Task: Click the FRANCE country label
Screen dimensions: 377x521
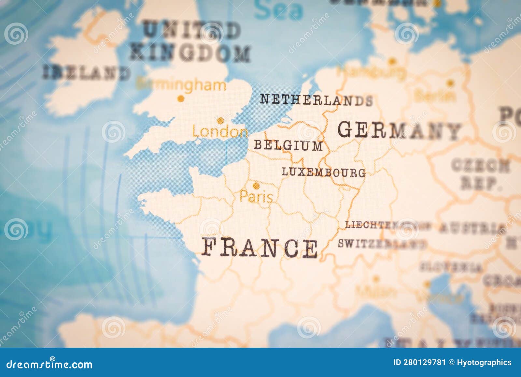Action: click(x=260, y=248)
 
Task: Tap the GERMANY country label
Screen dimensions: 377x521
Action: click(x=400, y=130)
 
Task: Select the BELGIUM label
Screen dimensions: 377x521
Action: click(x=288, y=145)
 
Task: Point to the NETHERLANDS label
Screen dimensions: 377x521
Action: click(x=316, y=100)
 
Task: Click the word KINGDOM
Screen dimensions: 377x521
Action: click(x=190, y=53)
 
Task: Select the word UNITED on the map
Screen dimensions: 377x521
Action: click(x=192, y=30)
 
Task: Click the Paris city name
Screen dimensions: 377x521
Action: click(x=256, y=197)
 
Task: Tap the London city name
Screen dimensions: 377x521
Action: click(x=220, y=132)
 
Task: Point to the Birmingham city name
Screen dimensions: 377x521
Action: click(x=181, y=85)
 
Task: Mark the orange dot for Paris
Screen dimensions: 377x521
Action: click(x=257, y=186)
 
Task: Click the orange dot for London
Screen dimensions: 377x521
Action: click(x=221, y=121)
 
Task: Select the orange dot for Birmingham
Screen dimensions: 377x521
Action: click(x=181, y=98)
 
